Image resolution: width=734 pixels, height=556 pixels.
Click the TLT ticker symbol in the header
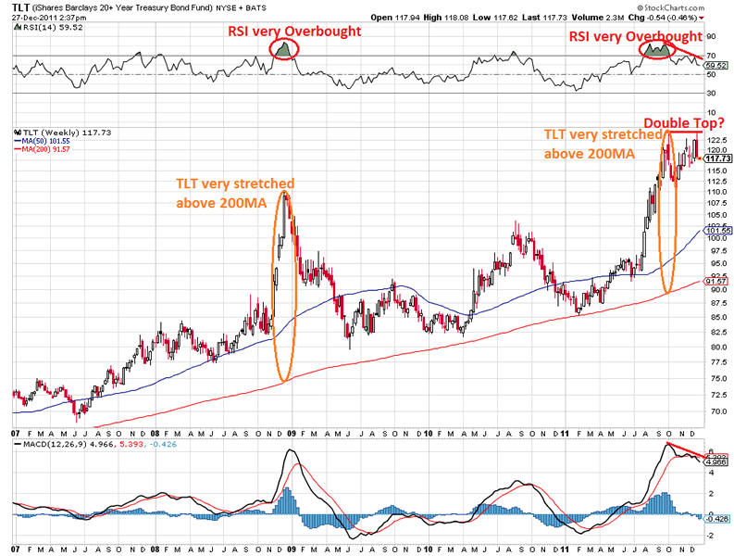coord(20,6)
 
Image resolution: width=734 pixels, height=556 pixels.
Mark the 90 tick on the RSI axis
coord(712,38)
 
